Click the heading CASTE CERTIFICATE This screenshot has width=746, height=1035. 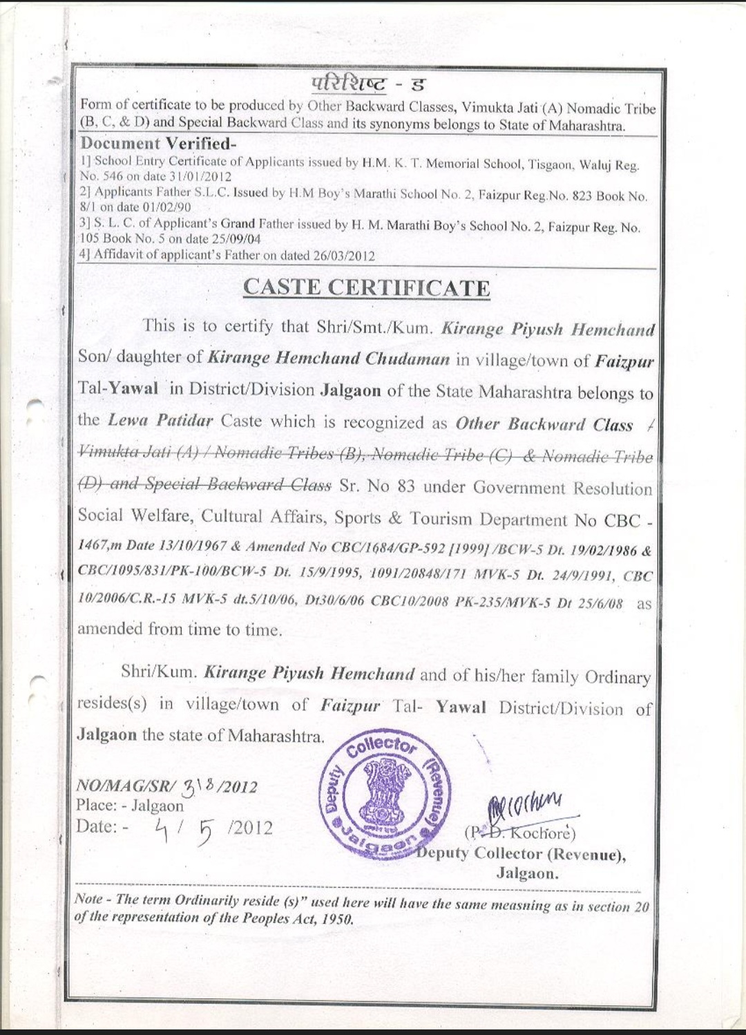[x=367, y=287]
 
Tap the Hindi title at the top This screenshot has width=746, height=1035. [x=367, y=84]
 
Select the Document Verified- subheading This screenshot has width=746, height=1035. [x=158, y=144]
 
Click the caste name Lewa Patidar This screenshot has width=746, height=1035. [x=160, y=420]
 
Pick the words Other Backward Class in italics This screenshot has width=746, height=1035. [x=544, y=424]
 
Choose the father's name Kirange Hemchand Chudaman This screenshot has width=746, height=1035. [x=328, y=358]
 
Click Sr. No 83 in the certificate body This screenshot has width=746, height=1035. [x=377, y=486]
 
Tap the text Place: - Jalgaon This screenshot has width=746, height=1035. [x=130, y=806]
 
